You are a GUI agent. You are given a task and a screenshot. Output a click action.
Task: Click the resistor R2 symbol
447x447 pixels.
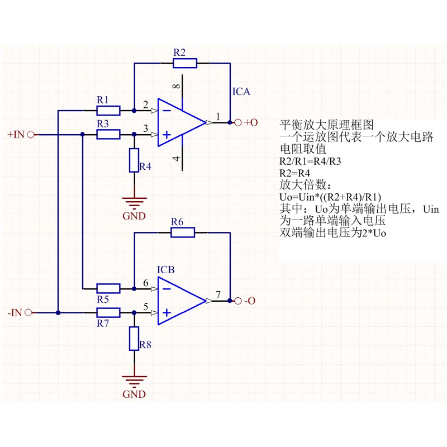[x=181, y=63]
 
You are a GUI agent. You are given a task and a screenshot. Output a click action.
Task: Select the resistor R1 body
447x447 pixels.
[x=104, y=110]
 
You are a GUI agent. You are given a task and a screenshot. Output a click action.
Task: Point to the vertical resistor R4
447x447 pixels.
[x=134, y=160]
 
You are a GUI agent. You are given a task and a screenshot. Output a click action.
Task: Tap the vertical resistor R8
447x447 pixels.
[x=134, y=339]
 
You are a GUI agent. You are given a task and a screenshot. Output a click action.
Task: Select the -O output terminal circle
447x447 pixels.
[x=237, y=301]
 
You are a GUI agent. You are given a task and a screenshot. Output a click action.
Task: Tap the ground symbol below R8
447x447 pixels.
[x=134, y=381]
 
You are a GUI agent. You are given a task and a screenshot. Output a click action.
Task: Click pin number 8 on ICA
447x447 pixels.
[x=177, y=87]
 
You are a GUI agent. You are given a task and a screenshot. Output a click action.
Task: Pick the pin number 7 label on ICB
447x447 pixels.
[x=218, y=294]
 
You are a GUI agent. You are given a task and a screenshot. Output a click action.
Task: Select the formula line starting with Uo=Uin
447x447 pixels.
[x=330, y=196]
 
